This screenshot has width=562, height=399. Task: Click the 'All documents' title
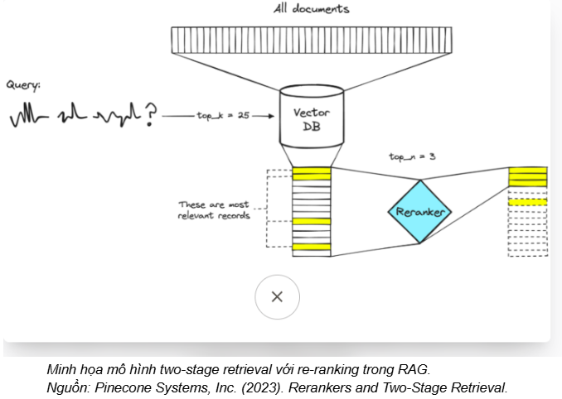click(311, 9)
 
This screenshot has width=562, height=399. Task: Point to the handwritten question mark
click(150, 114)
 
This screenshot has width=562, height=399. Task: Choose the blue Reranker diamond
click(419, 212)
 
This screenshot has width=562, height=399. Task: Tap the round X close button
click(277, 297)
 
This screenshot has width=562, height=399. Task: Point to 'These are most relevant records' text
click(213, 210)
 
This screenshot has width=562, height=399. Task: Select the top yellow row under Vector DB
click(312, 174)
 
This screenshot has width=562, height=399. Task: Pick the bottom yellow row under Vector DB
click(312, 246)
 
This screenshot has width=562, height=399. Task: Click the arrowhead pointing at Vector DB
click(271, 116)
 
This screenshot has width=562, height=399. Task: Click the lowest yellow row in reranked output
click(527, 202)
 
